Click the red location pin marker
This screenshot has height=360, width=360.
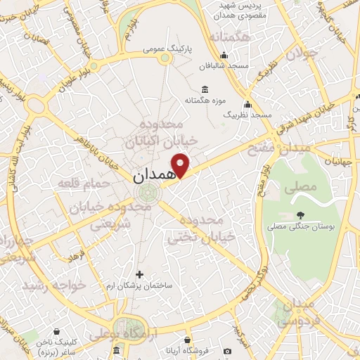click(181, 164)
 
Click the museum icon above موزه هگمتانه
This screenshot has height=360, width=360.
click(205, 89)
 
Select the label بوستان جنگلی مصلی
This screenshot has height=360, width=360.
click(301, 227)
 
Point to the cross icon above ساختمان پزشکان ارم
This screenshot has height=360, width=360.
click(139, 274)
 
